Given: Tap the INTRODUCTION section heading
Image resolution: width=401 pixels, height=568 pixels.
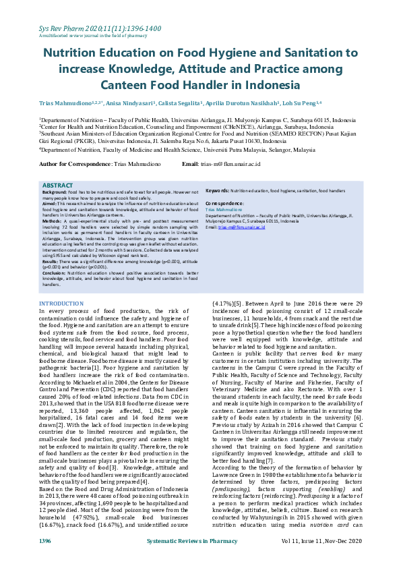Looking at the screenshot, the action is [61, 304].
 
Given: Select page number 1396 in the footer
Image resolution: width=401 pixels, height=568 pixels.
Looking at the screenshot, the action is [44, 560].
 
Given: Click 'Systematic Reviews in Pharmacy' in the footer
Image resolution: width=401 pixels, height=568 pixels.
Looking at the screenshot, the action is [200, 560].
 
